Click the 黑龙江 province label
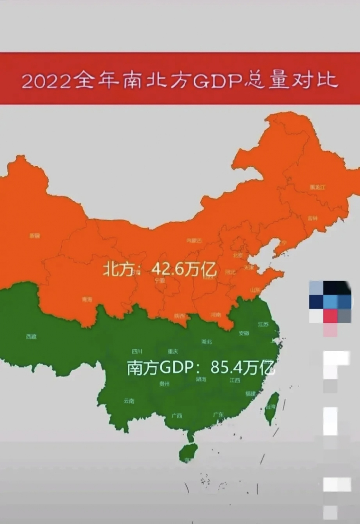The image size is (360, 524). click(317, 187)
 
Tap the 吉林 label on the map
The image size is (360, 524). click(312, 218)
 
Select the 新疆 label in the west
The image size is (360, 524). click(35, 235)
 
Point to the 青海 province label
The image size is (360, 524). click(87, 299)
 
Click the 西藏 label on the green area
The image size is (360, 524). click(31, 337)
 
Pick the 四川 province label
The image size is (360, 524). click(137, 351)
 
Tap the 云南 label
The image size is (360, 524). click(129, 401)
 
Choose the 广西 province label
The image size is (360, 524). click(177, 416)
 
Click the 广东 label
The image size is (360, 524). click(219, 415)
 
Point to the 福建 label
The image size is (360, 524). click(251, 393)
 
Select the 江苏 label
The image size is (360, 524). click(263, 324)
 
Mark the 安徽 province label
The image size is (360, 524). click(244, 333)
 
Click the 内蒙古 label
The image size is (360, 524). click(194, 241)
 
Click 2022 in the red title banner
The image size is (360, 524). click(46, 81)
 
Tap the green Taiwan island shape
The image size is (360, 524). click(272, 407)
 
